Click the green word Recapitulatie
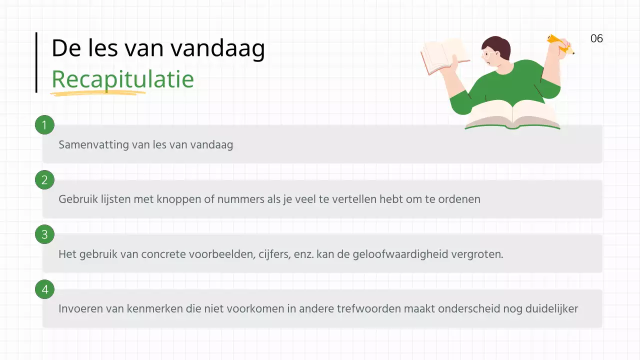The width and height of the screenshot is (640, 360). (122, 79)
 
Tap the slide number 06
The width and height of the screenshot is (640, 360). (596, 38)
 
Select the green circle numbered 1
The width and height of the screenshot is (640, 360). (44, 125)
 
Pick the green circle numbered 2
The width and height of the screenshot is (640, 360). (44, 180)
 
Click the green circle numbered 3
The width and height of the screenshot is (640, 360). (44, 234)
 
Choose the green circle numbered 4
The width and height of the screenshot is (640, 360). (44, 289)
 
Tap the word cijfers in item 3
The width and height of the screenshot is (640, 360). (274, 254)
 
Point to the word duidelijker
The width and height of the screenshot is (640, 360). (551, 308)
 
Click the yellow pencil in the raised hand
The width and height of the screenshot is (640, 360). (560, 44)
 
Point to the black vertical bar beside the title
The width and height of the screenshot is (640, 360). (36, 62)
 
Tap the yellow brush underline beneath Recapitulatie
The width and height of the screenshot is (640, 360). (97, 93)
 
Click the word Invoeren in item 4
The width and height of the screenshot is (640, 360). (80, 308)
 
